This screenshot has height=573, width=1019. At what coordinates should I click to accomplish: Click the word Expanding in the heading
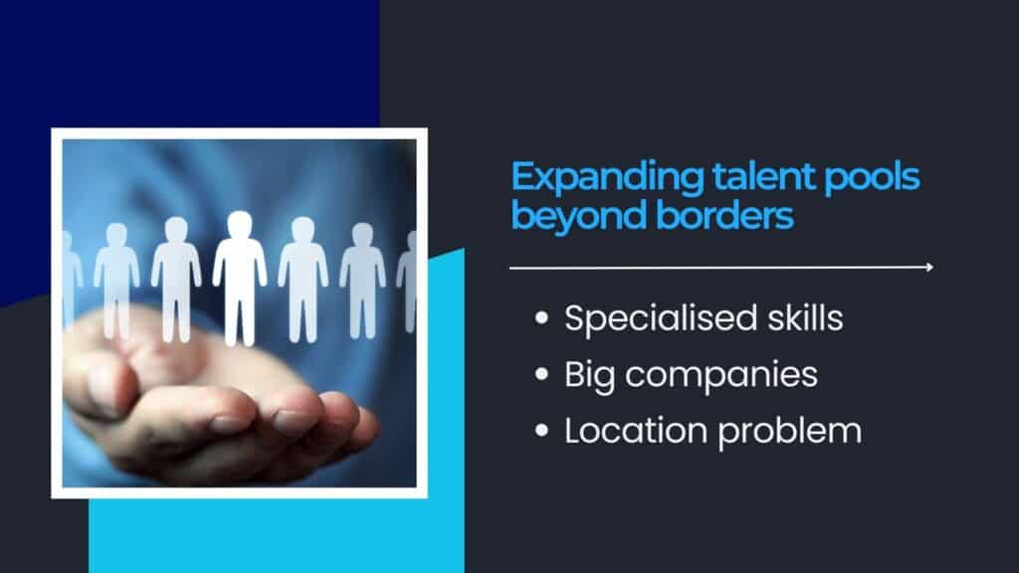[606, 177]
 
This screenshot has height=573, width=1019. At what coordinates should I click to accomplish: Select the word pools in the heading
[872, 177]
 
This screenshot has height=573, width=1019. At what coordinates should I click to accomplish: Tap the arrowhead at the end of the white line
[930, 267]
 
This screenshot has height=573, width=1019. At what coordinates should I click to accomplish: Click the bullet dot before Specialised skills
[541, 317]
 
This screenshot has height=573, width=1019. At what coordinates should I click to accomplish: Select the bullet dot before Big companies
[541, 374]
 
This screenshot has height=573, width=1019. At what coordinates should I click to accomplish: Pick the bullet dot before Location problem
[541, 430]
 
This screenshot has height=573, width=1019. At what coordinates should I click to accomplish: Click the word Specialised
[661, 319]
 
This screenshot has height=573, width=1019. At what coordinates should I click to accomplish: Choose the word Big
[589, 376]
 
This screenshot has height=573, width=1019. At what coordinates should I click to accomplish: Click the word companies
[721, 376]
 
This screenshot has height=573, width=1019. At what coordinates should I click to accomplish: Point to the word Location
[636, 431]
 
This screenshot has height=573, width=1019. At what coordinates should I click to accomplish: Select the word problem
[789, 433]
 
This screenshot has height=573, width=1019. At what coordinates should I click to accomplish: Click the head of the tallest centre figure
[239, 225]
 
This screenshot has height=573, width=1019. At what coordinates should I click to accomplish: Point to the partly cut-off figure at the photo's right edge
[408, 282]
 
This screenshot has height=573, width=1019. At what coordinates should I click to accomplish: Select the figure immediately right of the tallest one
[303, 280]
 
